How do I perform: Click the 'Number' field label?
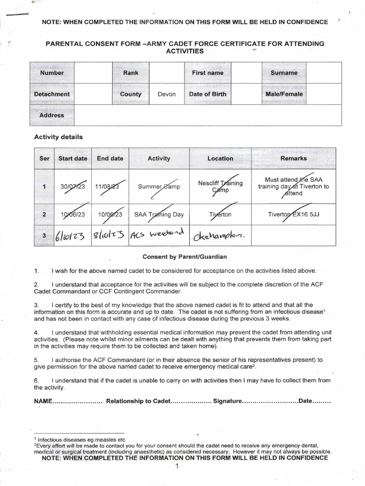coord(52,73)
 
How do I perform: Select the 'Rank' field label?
coord(131,73)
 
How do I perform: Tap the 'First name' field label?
coord(207,73)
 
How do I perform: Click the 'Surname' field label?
coord(284,73)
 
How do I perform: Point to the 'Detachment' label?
coord(52,94)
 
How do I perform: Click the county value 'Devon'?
coord(166,94)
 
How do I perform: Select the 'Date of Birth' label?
coord(207,94)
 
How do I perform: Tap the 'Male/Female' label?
coord(284,94)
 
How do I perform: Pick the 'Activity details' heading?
coord(58,137)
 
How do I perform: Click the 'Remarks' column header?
coord(293,159)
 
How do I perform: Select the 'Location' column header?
coord(220,159)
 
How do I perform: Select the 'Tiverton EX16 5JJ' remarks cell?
coord(293,215)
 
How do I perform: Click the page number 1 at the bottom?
coord(177,467)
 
